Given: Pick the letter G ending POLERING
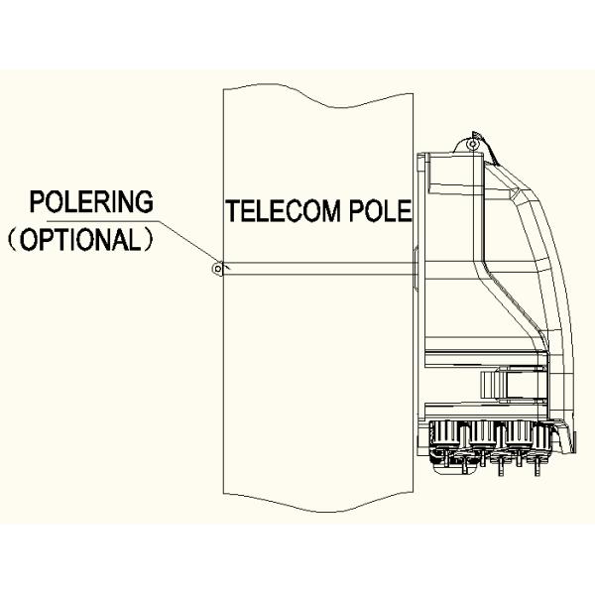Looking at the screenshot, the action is coord(146,201).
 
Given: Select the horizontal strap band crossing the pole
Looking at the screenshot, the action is coord(317,266).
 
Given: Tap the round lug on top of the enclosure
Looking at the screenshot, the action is coord(473,145).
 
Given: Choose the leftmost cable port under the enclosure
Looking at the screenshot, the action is coord(444,436).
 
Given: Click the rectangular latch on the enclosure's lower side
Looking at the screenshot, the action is coord(492,385).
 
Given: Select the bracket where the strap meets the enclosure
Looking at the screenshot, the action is coord(416,266).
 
